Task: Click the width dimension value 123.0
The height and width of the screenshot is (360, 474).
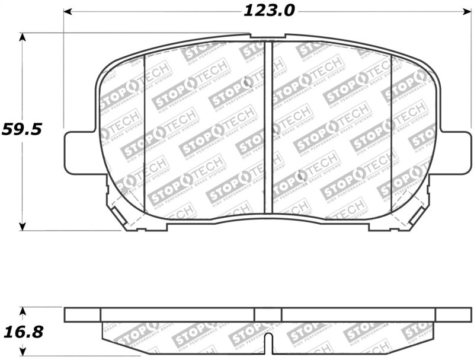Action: pyautogui.click(x=268, y=10)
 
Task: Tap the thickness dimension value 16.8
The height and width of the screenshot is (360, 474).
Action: pyautogui.click(x=22, y=332)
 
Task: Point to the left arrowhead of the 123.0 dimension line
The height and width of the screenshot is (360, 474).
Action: pyautogui.click(x=68, y=11)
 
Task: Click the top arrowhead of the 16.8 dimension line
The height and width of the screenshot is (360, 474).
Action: pyautogui.click(x=23, y=310)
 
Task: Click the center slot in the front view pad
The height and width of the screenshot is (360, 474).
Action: pyautogui.click(x=268, y=128)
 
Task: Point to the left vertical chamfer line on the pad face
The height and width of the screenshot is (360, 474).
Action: pyautogui.click(x=145, y=133)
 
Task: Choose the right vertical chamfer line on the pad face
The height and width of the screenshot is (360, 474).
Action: pyautogui.click(x=391, y=133)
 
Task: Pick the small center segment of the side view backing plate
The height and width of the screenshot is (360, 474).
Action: pyautogui.click(x=268, y=314)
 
